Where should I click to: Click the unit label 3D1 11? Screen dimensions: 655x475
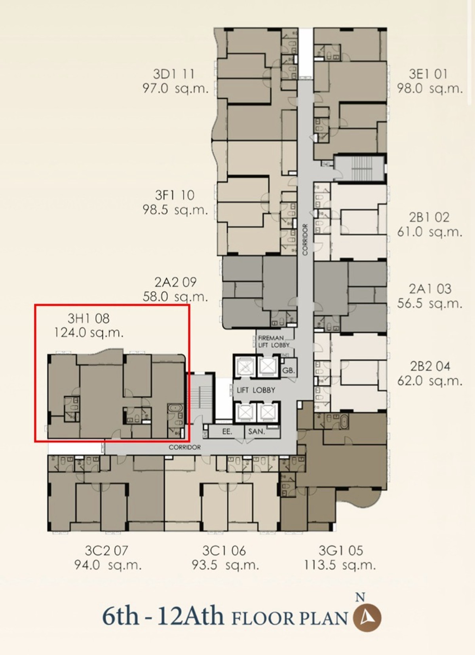(174, 74)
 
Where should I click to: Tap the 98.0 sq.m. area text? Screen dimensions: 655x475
(430, 88)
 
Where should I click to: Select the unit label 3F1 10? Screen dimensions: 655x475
(175, 195)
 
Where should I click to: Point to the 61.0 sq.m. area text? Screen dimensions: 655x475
(430, 232)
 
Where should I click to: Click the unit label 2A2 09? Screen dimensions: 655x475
(175, 282)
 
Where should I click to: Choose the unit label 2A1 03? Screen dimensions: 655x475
(430, 289)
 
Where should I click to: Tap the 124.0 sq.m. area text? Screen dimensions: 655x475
(89, 333)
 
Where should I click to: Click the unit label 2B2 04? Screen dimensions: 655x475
(430, 366)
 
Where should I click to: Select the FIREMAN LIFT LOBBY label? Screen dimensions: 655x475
(273, 341)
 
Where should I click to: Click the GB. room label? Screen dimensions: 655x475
(289, 371)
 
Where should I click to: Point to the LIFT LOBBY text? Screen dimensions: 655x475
(256, 390)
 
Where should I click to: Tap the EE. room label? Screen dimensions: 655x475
(227, 431)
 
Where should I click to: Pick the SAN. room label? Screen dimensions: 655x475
(256, 431)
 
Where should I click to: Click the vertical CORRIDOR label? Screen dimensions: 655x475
(305, 239)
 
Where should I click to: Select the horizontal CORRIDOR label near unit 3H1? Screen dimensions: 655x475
(184, 447)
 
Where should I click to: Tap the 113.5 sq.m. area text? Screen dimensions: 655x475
(340, 565)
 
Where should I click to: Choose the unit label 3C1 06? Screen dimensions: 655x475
(224, 551)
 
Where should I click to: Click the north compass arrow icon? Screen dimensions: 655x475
(367, 618)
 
